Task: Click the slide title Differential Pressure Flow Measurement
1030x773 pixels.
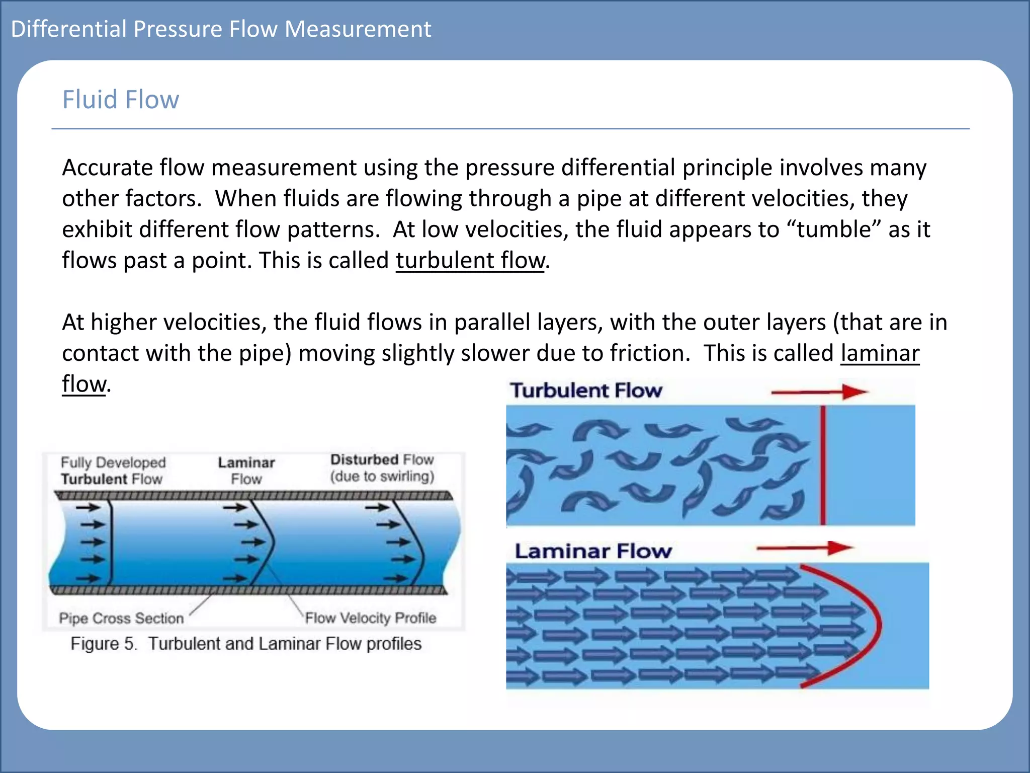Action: coord(221,29)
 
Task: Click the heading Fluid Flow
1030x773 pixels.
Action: coord(121,100)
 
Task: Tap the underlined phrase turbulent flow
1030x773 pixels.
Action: coord(470,261)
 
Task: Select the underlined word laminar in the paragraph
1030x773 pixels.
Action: coord(880,353)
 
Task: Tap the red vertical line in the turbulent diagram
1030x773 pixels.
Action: coord(823,466)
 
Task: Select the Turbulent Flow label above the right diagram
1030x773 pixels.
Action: coord(586,391)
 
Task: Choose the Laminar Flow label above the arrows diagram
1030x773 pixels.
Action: coord(593,551)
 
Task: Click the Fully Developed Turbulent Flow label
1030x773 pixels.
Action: coord(113,471)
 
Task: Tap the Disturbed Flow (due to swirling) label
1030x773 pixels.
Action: coord(382,468)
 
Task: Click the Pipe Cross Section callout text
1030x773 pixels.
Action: coord(121,618)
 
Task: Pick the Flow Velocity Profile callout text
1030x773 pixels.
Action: coord(371,618)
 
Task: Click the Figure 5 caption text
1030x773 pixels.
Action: coord(246,644)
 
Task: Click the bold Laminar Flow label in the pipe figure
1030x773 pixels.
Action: coord(246,471)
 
